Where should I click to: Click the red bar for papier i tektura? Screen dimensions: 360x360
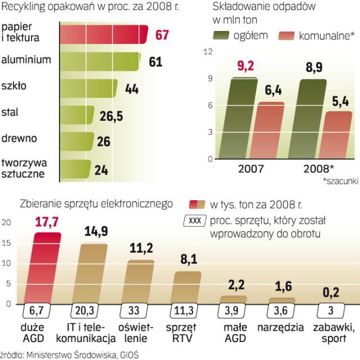(104, 34)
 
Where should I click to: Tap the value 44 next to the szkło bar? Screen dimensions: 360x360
(132, 88)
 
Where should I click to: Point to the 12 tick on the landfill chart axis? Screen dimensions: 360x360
(208, 52)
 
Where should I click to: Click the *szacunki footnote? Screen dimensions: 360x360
(340, 182)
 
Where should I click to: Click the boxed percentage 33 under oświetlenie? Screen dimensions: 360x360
(136, 312)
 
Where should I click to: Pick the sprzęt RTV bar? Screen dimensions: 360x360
(187, 287)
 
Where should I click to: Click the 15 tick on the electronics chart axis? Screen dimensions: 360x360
(6, 243)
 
